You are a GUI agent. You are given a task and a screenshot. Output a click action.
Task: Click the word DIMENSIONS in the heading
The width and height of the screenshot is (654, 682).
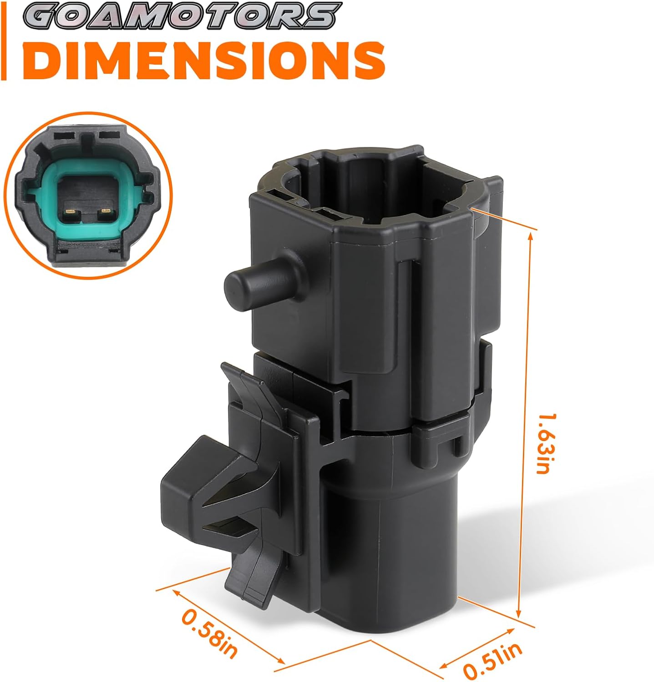pyautogui.click(x=208, y=60)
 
